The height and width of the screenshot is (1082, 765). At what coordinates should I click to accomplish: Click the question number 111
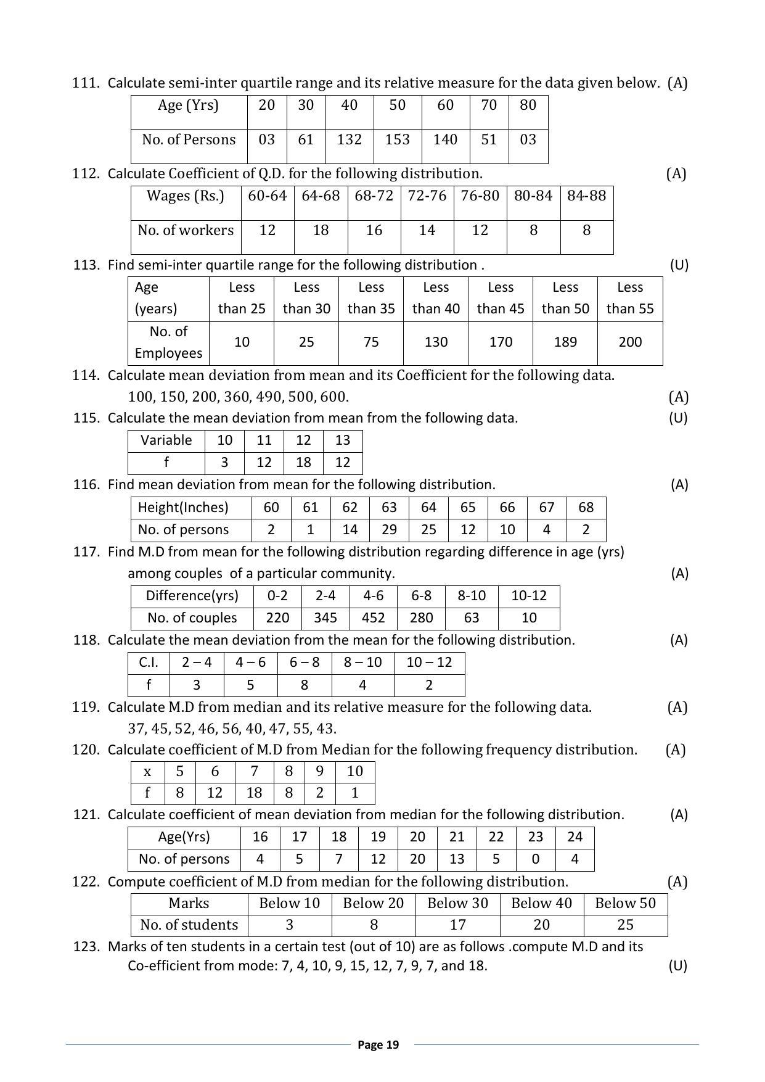[x=86, y=83]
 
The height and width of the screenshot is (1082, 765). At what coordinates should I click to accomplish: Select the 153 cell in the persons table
[x=397, y=139]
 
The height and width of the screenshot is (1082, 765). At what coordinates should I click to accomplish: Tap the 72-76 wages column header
[x=427, y=196]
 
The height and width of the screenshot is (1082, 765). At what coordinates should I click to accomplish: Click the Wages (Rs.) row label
[x=186, y=196]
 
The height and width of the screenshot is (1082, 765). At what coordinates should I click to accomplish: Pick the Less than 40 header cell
[x=436, y=298]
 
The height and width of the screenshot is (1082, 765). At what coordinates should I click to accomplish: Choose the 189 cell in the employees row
[x=565, y=342]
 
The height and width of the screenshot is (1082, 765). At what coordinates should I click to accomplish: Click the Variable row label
[x=166, y=440]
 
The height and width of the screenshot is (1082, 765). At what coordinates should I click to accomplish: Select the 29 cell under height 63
[x=389, y=529]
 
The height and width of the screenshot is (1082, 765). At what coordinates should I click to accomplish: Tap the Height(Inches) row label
[x=183, y=507]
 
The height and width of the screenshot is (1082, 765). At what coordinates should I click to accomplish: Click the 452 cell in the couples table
[x=373, y=617]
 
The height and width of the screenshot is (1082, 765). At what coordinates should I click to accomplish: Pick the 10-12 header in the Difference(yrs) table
[x=529, y=595]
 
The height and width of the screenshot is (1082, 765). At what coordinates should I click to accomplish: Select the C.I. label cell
[x=149, y=663]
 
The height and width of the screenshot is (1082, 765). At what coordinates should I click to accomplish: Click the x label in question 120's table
[x=147, y=772]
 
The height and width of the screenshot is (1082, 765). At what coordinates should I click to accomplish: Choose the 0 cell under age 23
[x=535, y=859]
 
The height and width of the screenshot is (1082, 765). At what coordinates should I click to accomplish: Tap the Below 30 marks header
[x=457, y=903]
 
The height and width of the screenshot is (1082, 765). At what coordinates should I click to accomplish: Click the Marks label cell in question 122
[x=189, y=903]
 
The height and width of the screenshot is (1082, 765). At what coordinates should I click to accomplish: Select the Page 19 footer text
[x=378, y=1044]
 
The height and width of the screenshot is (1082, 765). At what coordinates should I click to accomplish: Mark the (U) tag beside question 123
[x=677, y=965]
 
